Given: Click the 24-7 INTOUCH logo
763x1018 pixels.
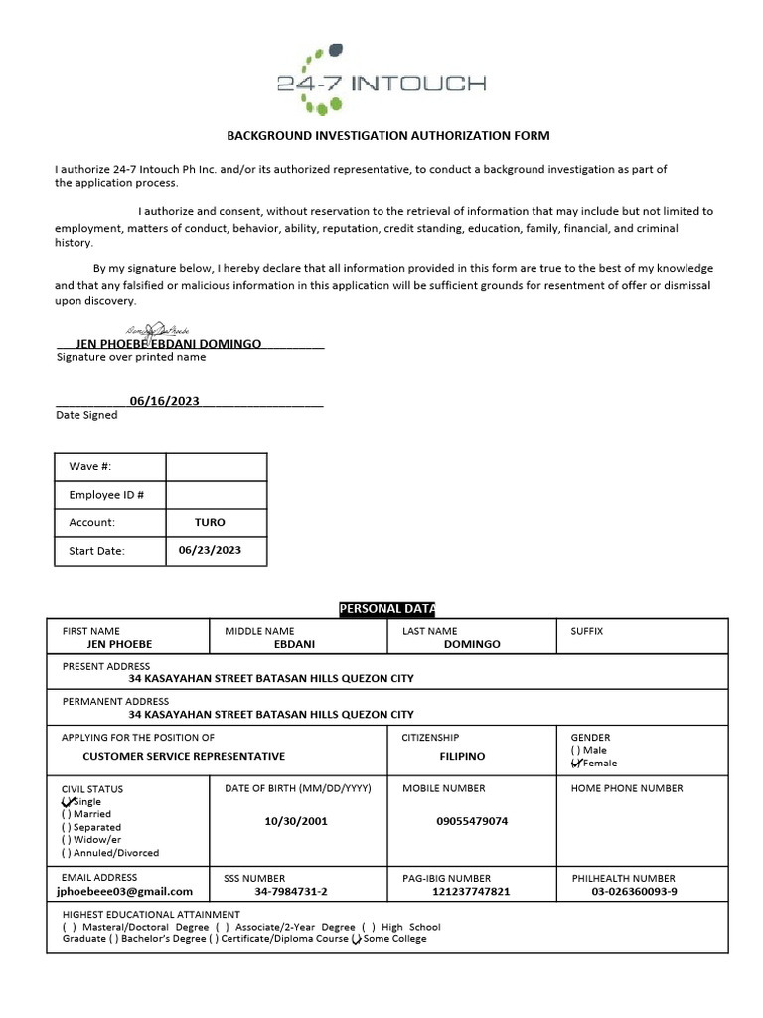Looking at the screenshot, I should tap(381, 78).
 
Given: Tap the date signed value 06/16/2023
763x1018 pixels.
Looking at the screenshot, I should tap(164, 401).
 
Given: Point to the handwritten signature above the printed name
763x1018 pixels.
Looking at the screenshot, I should tap(157, 330).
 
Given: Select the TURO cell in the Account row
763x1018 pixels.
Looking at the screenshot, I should tap(210, 522).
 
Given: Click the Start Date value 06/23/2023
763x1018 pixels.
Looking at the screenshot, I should tap(210, 550).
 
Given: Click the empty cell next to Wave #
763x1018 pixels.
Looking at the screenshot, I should tap(216, 467).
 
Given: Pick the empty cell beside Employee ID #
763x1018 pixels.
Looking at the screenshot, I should tap(216, 495).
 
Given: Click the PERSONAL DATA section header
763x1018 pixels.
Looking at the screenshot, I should tap(387, 608).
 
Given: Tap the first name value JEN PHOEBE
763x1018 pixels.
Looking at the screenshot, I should tap(119, 644).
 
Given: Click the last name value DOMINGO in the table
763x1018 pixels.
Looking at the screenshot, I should tap(472, 644).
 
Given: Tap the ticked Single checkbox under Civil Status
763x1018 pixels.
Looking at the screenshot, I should tap(68, 801).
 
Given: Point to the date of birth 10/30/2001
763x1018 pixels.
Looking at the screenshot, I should tap(296, 822).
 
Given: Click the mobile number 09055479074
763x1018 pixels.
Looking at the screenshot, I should tap(472, 822).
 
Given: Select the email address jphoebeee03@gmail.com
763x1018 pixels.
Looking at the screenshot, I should tap(126, 892).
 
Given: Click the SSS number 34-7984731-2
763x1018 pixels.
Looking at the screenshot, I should tap(291, 892).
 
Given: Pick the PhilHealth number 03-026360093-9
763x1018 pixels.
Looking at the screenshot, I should tap(634, 892).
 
